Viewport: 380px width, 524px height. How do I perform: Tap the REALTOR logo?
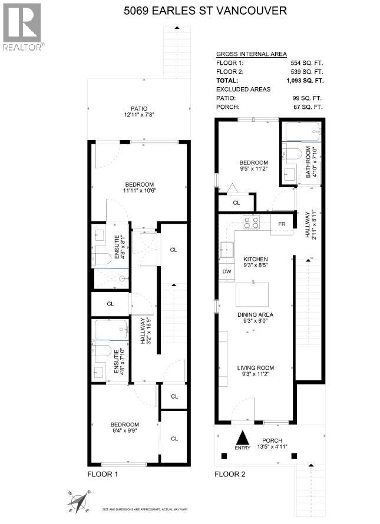22,26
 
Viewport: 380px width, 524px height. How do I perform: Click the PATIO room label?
139,108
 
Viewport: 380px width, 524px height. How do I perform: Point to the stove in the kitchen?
252,223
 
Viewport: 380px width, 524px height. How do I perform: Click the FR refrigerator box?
282,224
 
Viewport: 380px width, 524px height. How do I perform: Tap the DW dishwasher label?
227,271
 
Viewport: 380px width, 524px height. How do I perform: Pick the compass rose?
78,502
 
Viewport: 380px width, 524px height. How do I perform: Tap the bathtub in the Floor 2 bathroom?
300,132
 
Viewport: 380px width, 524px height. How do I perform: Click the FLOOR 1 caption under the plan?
104,473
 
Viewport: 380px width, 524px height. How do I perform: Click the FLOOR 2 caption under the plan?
230,473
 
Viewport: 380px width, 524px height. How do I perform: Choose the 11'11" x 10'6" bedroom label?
139,187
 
